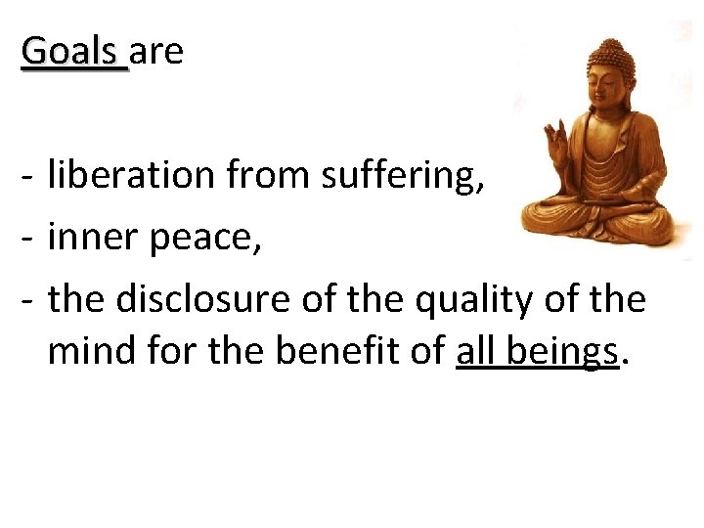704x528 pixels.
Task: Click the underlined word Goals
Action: [x=73, y=51]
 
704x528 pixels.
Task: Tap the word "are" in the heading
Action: [x=156, y=52]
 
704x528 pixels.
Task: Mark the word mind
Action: [x=88, y=351]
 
